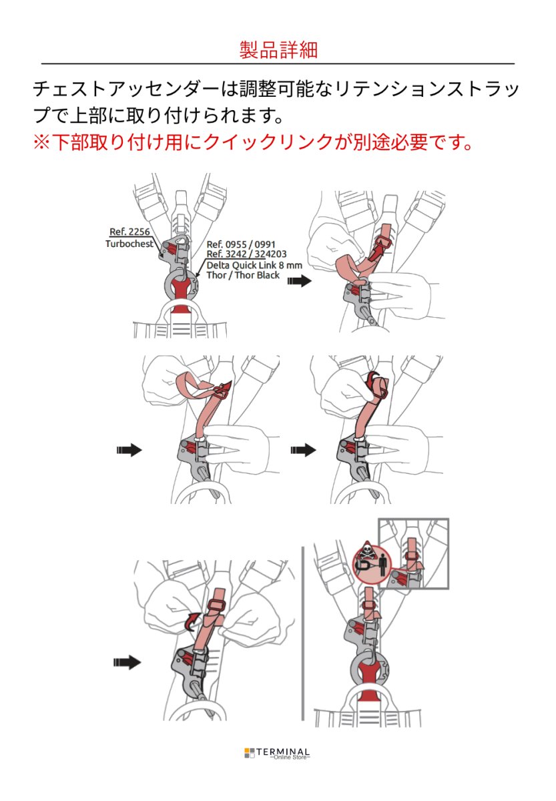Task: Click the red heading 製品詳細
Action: (278, 49)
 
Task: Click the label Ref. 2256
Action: (129, 232)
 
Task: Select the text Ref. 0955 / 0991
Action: (240, 244)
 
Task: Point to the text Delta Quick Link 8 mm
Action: (254, 265)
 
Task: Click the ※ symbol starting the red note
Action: (41, 142)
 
